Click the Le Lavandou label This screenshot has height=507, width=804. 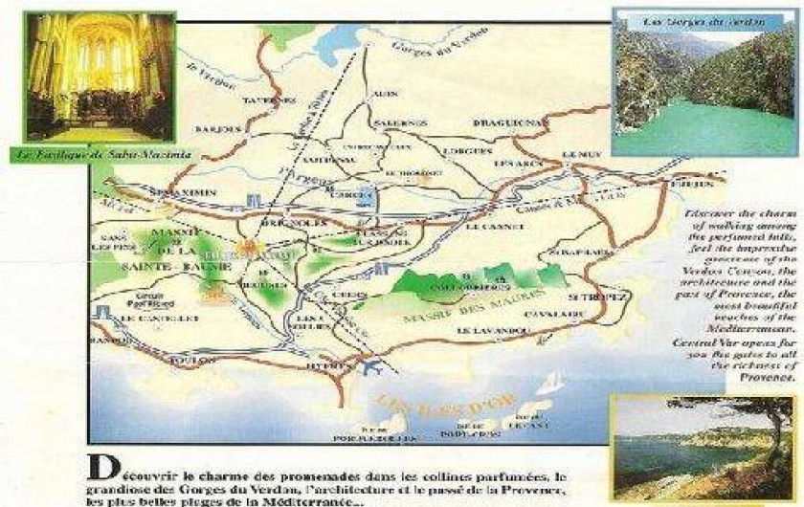click(486, 331)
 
